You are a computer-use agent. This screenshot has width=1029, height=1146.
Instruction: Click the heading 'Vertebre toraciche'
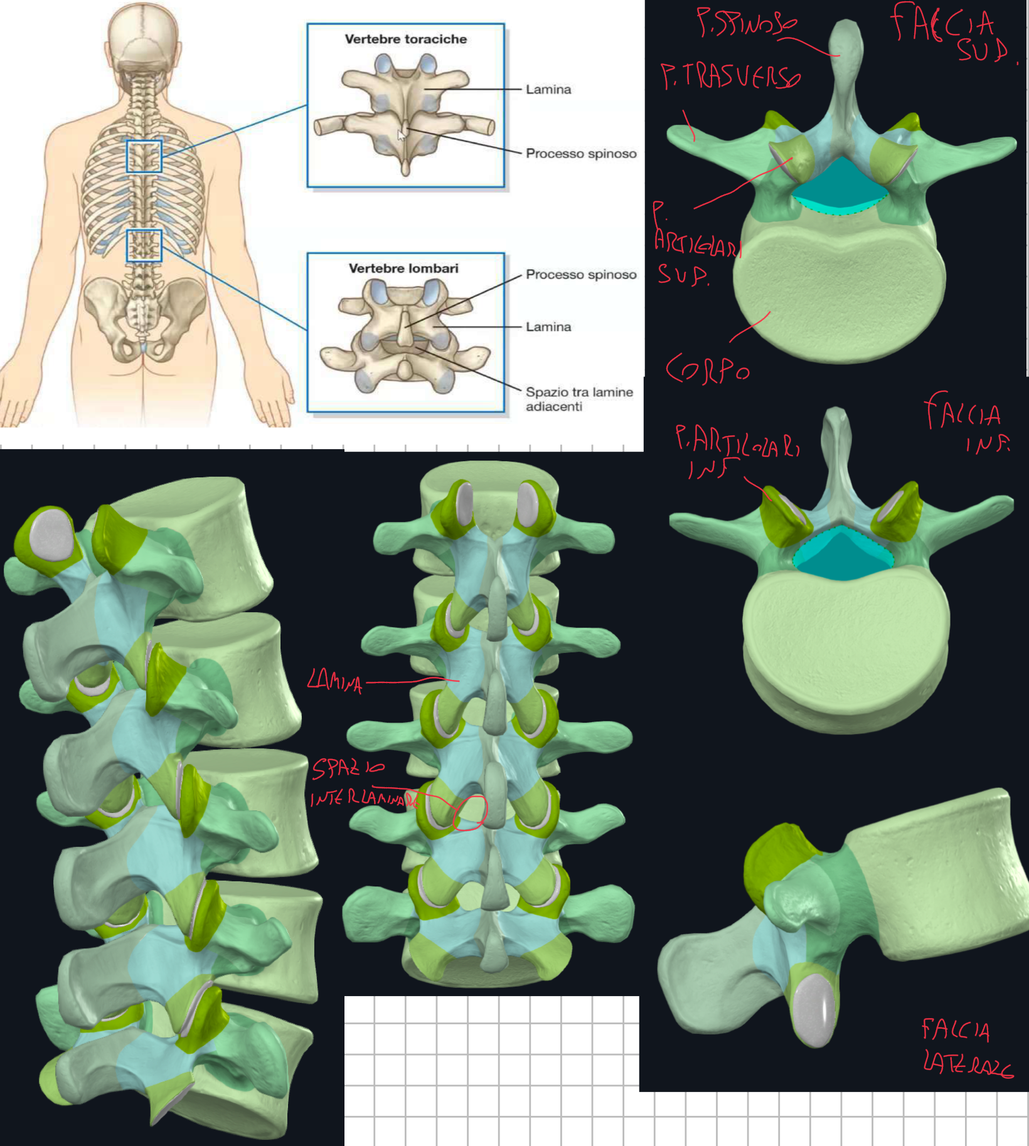click(x=405, y=39)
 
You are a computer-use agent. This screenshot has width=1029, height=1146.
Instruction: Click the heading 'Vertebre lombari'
click(x=403, y=268)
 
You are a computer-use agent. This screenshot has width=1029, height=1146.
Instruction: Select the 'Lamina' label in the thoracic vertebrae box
click(x=548, y=89)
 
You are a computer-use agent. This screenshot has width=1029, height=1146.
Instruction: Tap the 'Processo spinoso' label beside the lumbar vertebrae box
click(x=580, y=275)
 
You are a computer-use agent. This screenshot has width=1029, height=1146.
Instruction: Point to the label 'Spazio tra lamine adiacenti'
click(x=578, y=399)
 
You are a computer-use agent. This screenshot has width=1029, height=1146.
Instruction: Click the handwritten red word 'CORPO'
click(x=707, y=369)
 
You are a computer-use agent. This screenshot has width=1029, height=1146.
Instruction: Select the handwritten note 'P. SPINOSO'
click(x=746, y=23)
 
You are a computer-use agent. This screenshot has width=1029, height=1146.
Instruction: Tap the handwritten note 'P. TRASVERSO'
click(x=730, y=77)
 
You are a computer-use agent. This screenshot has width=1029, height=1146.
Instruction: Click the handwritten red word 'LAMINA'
click(x=334, y=681)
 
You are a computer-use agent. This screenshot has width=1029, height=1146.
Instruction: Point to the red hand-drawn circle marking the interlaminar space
click(x=469, y=813)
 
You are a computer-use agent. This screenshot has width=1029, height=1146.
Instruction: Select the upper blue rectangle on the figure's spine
click(x=144, y=156)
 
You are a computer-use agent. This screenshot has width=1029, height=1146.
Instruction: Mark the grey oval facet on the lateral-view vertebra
click(x=814, y=1009)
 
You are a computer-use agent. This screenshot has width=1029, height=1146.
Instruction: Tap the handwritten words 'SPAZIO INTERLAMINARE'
click(x=364, y=783)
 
